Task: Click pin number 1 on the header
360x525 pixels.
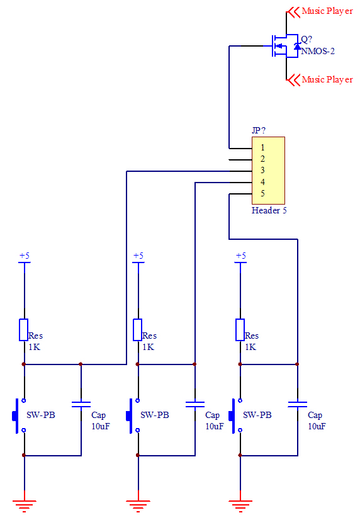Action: (x=262, y=147)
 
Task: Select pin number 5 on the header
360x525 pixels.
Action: (x=262, y=193)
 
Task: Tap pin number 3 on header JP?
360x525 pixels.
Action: (x=262, y=171)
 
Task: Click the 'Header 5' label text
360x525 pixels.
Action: (x=269, y=210)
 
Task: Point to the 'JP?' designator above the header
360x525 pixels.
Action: (x=258, y=130)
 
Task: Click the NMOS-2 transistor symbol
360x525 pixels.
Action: (x=284, y=46)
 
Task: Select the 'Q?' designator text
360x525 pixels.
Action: (x=307, y=39)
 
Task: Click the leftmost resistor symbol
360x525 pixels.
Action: (x=23, y=330)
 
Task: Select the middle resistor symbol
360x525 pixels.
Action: (x=138, y=330)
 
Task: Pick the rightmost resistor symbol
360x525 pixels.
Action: (x=240, y=330)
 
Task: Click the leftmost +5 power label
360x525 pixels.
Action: (x=25, y=256)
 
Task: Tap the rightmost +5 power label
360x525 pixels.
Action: (x=241, y=256)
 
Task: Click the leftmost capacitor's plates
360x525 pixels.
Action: (x=81, y=405)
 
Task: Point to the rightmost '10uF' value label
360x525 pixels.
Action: (x=317, y=426)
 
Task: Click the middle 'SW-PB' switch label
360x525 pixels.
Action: (x=155, y=415)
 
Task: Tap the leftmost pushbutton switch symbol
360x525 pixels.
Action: (x=19, y=415)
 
